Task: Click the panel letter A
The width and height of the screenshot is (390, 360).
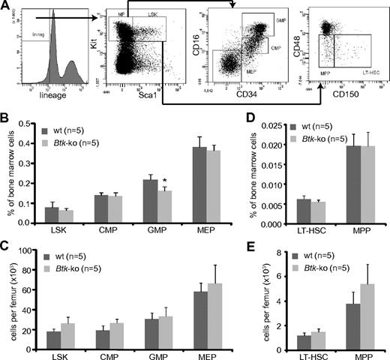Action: (6, 6)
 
